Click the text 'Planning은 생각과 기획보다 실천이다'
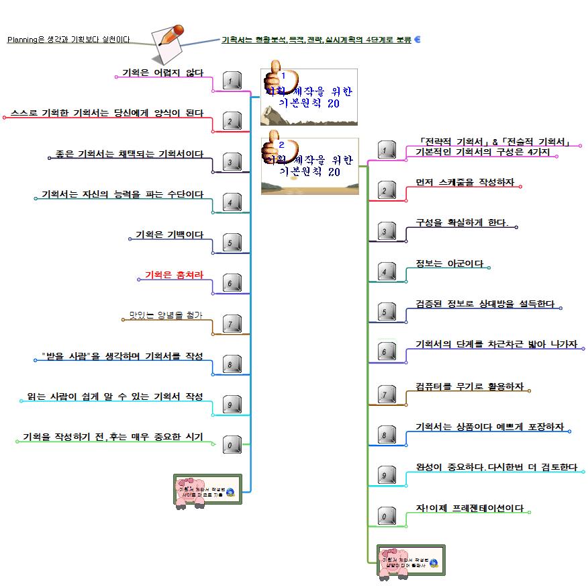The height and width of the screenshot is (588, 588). (68, 40)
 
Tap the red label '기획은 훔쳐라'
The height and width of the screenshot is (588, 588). (174, 274)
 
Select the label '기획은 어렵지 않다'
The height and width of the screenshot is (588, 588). (162, 73)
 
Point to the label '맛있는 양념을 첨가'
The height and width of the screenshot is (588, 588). (166, 314)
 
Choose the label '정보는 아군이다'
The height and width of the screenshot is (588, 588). (450, 263)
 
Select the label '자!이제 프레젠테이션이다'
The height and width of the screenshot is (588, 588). (470, 508)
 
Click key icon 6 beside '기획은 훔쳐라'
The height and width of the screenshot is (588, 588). (230, 284)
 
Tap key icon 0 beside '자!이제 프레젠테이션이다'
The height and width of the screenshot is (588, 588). (385, 516)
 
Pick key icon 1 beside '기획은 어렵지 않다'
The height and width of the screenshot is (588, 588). (230, 81)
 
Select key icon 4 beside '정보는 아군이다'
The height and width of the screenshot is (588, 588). (385, 271)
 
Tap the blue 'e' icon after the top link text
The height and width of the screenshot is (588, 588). (418, 40)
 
